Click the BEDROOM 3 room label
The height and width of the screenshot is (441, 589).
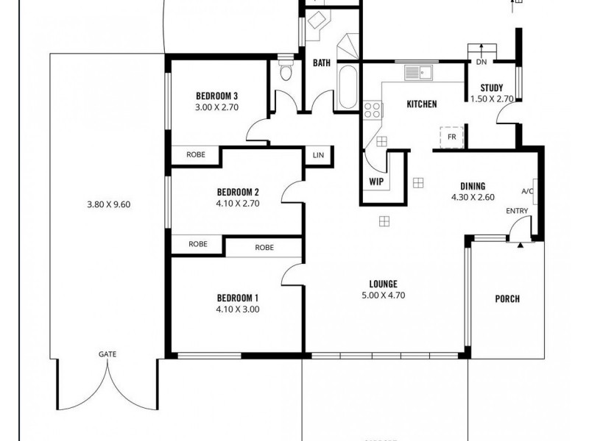[216, 96]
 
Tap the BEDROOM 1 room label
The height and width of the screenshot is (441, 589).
[238, 298]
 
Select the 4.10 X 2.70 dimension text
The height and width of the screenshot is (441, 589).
[238, 204]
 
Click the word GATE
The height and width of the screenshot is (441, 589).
[107, 354]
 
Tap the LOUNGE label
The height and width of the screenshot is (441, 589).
[384, 284]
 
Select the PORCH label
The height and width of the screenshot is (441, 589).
[507, 298]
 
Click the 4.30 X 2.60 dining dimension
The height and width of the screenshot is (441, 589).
[473, 197]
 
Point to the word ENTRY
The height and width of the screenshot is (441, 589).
[516, 212]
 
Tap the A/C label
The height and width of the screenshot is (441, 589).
[527, 192]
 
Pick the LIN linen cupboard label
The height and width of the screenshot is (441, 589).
[318, 155]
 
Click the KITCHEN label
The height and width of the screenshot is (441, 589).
[422, 104]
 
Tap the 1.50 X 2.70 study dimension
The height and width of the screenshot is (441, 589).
[492, 98]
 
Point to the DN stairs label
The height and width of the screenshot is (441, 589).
[482, 63]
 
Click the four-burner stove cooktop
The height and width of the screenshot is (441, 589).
[373, 110]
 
